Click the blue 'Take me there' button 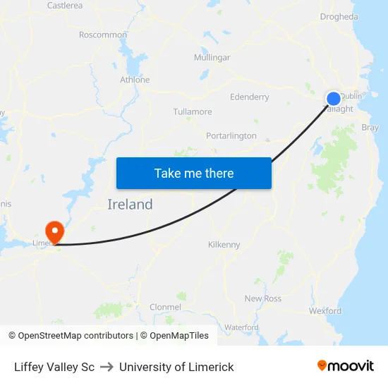[x=194, y=173]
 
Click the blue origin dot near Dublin [x=333, y=99]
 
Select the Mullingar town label [x=212, y=58]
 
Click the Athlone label [x=135, y=80]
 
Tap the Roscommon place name [x=103, y=35]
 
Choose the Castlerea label [x=65, y=6]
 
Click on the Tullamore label [x=193, y=112]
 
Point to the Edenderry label [x=249, y=97]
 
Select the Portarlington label [x=231, y=136]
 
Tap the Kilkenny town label [x=224, y=245]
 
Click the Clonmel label [x=165, y=307]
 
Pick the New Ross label [x=263, y=298]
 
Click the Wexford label [x=325, y=310]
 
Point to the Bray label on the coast [x=370, y=128]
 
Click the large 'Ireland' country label [x=130, y=205]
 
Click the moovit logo [x=346, y=366]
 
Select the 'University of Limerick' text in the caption [x=176, y=367]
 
